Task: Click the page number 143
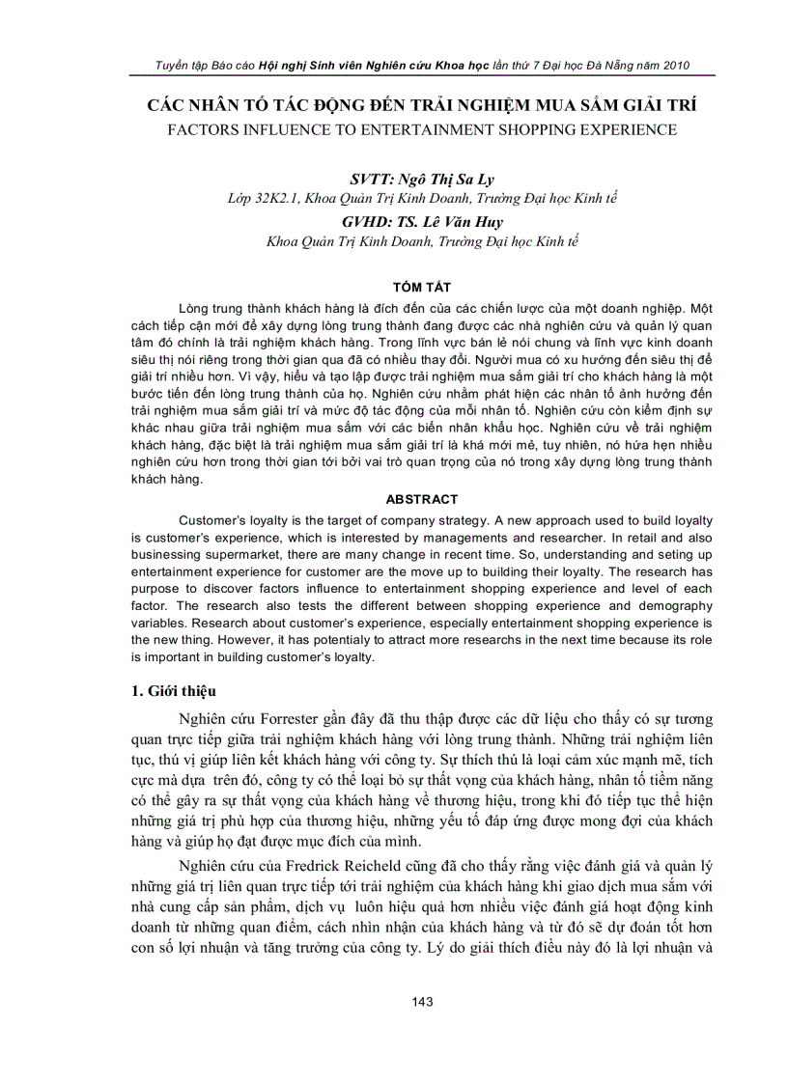coord(422,1001)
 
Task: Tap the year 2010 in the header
coord(671,66)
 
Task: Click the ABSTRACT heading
coord(422,500)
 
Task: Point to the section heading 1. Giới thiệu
coord(174,691)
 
